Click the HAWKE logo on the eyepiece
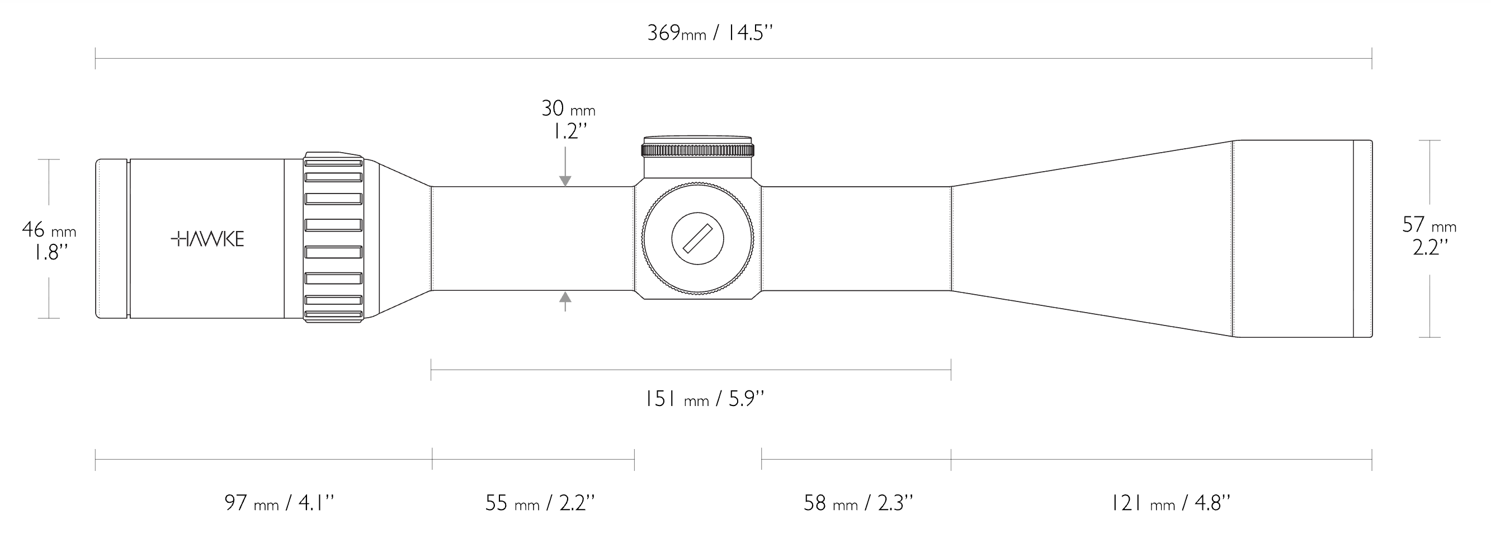tap(208, 239)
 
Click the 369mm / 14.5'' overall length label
tap(710, 33)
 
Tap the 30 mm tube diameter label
tap(568, 108)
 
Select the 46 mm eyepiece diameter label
tap(49, 230)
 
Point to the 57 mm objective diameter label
tap(1428, 224)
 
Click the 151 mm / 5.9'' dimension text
tap(705, 399)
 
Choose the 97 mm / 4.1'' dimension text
tap(279, 503)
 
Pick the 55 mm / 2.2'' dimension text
tap(540, 503)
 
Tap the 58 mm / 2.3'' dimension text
tap(858, 503)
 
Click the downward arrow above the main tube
tap(565, 181)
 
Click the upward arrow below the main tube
tap(565, 298)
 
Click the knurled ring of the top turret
tap(697, 151)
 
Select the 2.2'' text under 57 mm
tap(1430, 248)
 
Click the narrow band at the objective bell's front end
tap(1362, 238)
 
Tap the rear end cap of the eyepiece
tap(112, 238)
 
